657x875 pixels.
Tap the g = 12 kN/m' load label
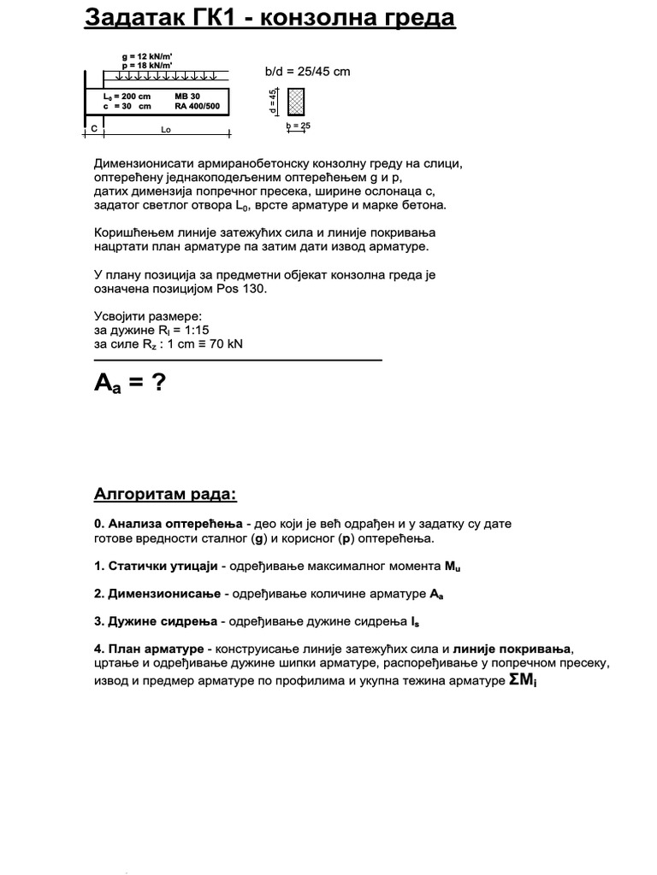coord(147,56)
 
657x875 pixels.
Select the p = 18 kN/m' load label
coord(147,65)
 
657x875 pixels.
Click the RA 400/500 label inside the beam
coord(196,107)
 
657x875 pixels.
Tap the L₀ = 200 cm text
coord(120,97)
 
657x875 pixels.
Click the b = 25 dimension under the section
coord(299,126)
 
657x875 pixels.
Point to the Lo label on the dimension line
coord(166,129)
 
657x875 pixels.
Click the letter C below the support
coord(93,128)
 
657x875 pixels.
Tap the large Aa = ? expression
coord(129,384)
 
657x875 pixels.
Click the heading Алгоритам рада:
coord(164,496)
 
